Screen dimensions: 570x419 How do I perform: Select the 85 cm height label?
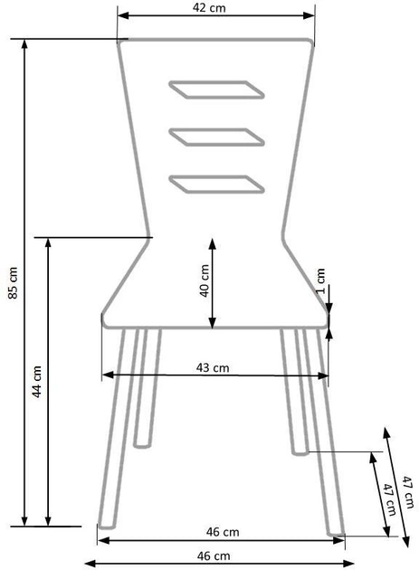pos(13,281)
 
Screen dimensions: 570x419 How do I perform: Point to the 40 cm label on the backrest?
pos(204,280)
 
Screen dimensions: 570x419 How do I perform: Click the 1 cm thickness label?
pos(320,281)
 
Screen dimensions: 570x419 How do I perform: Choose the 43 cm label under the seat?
pos(213,366)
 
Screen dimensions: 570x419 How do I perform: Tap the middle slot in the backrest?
pos(217,136)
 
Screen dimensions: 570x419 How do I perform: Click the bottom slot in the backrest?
pos(217,182)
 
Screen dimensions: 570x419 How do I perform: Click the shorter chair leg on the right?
pos(294,389)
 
